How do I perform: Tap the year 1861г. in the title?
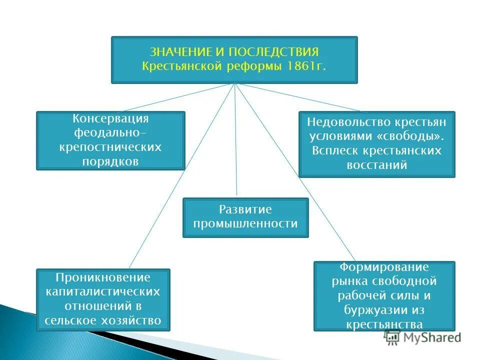[306, 66]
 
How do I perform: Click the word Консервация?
[110, 119]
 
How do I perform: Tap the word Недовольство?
[342, 121]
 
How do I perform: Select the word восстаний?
[377, 165]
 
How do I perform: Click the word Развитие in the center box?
[245, 209]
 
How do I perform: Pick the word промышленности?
[245, 224]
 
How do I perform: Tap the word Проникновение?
[103, 277]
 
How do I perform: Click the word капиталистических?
[103, 291]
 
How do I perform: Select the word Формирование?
[384, 267]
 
